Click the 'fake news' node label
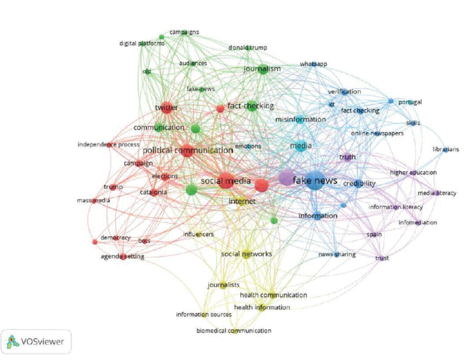[x=315, y=180]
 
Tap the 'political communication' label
[x=188, y=150]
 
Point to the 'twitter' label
[x=166, y=108]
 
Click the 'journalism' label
[x=262, y=69]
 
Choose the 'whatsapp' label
[x=313, y=64]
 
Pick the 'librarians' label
[x=446, y=150]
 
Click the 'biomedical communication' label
[x=233, y=330]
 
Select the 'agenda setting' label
[x=123, y=257]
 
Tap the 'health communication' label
[x=273, y=295]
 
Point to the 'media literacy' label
[x=437, y=193]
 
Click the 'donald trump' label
[x=248, y=48]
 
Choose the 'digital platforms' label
[x=142, y=43]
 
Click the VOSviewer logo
[x=36, y=342]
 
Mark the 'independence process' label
[x=109, y=145]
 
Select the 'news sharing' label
[x=337, y=254]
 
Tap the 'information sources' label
[x=203, y=314]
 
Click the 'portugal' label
[x=410, y=102]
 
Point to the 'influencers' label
[x=198, y=234]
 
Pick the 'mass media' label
[x=93, y=201]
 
